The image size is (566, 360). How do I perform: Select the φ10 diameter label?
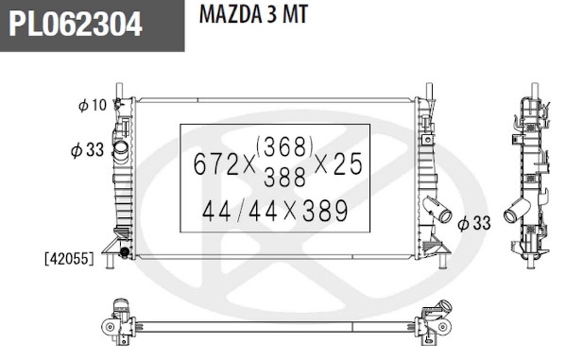[x=92, y=105]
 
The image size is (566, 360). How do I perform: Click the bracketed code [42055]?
[x=68, y=257]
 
